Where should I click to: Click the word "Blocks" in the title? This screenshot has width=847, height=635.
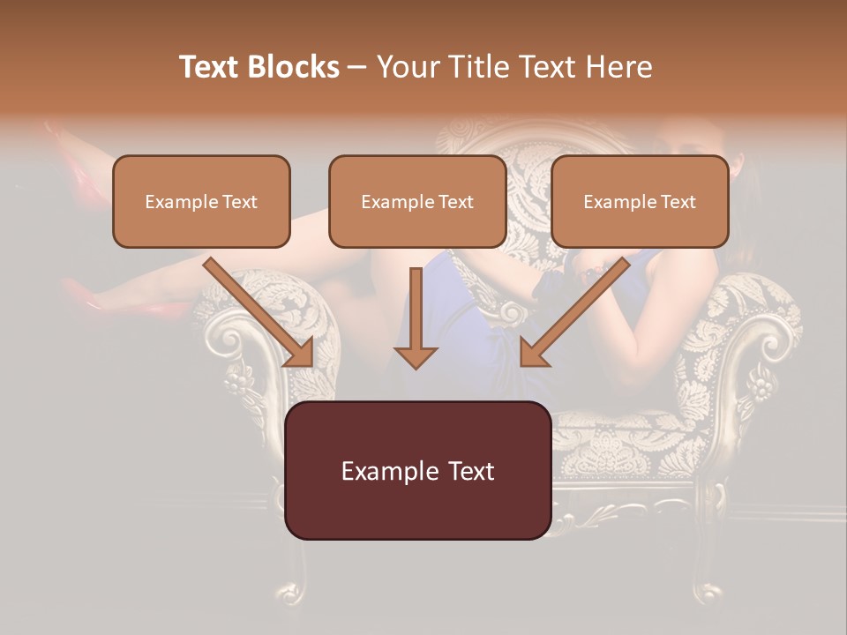[x=296, y=67]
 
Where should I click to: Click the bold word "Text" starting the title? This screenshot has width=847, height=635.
[x=212, y=67]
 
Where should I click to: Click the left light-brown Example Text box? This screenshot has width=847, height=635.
[x=201, y=201]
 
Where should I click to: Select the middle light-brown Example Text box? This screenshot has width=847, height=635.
[x=417, y=201]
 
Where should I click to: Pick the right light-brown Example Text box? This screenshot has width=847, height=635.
[x=640, y=201]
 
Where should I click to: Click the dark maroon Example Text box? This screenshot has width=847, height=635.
[x=417, y=470]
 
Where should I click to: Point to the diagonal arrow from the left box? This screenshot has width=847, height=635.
[x=261, y=313]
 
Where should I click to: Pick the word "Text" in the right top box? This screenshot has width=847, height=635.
[x=678, y=202]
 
